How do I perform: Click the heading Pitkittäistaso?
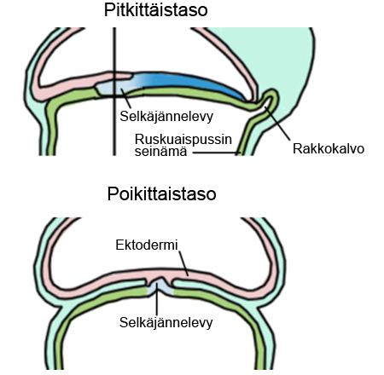pos(156,10)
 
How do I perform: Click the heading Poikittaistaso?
pos(161,194)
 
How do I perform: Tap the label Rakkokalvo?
pos(329,149)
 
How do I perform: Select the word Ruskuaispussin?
pos(183,139)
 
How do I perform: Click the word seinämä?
pos(160,151)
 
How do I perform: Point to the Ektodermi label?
pos(147,245)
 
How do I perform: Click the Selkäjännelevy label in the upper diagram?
pos(166,116)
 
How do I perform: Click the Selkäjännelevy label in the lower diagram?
pos(166,322)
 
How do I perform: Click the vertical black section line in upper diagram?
pos(114,91)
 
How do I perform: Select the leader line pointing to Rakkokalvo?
pos(277,123)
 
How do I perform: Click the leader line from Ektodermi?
pos(183,263)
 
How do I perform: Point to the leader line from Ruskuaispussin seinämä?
pos(217,153)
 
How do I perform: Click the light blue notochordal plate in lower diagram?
pos(160,287)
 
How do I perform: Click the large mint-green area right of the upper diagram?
pos(288,57)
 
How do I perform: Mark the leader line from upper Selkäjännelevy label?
pos(125,98)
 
